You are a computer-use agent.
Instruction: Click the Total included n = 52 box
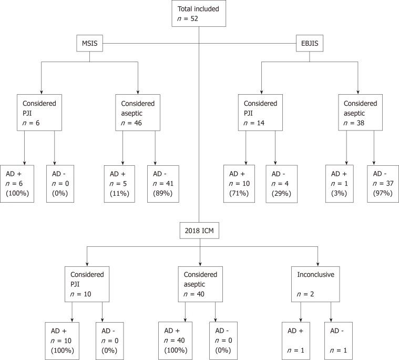(x=199, y=14)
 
